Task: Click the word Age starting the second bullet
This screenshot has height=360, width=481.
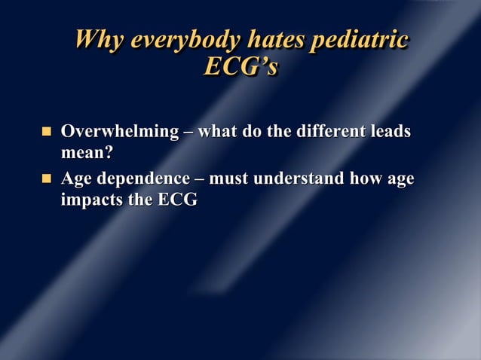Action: pyautogui.click(x=77, y=180)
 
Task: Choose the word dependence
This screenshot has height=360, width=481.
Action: pyautogui.click(x=143, y=180)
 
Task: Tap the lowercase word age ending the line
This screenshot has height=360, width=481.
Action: pyautogui.click(x=400, y=181)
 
